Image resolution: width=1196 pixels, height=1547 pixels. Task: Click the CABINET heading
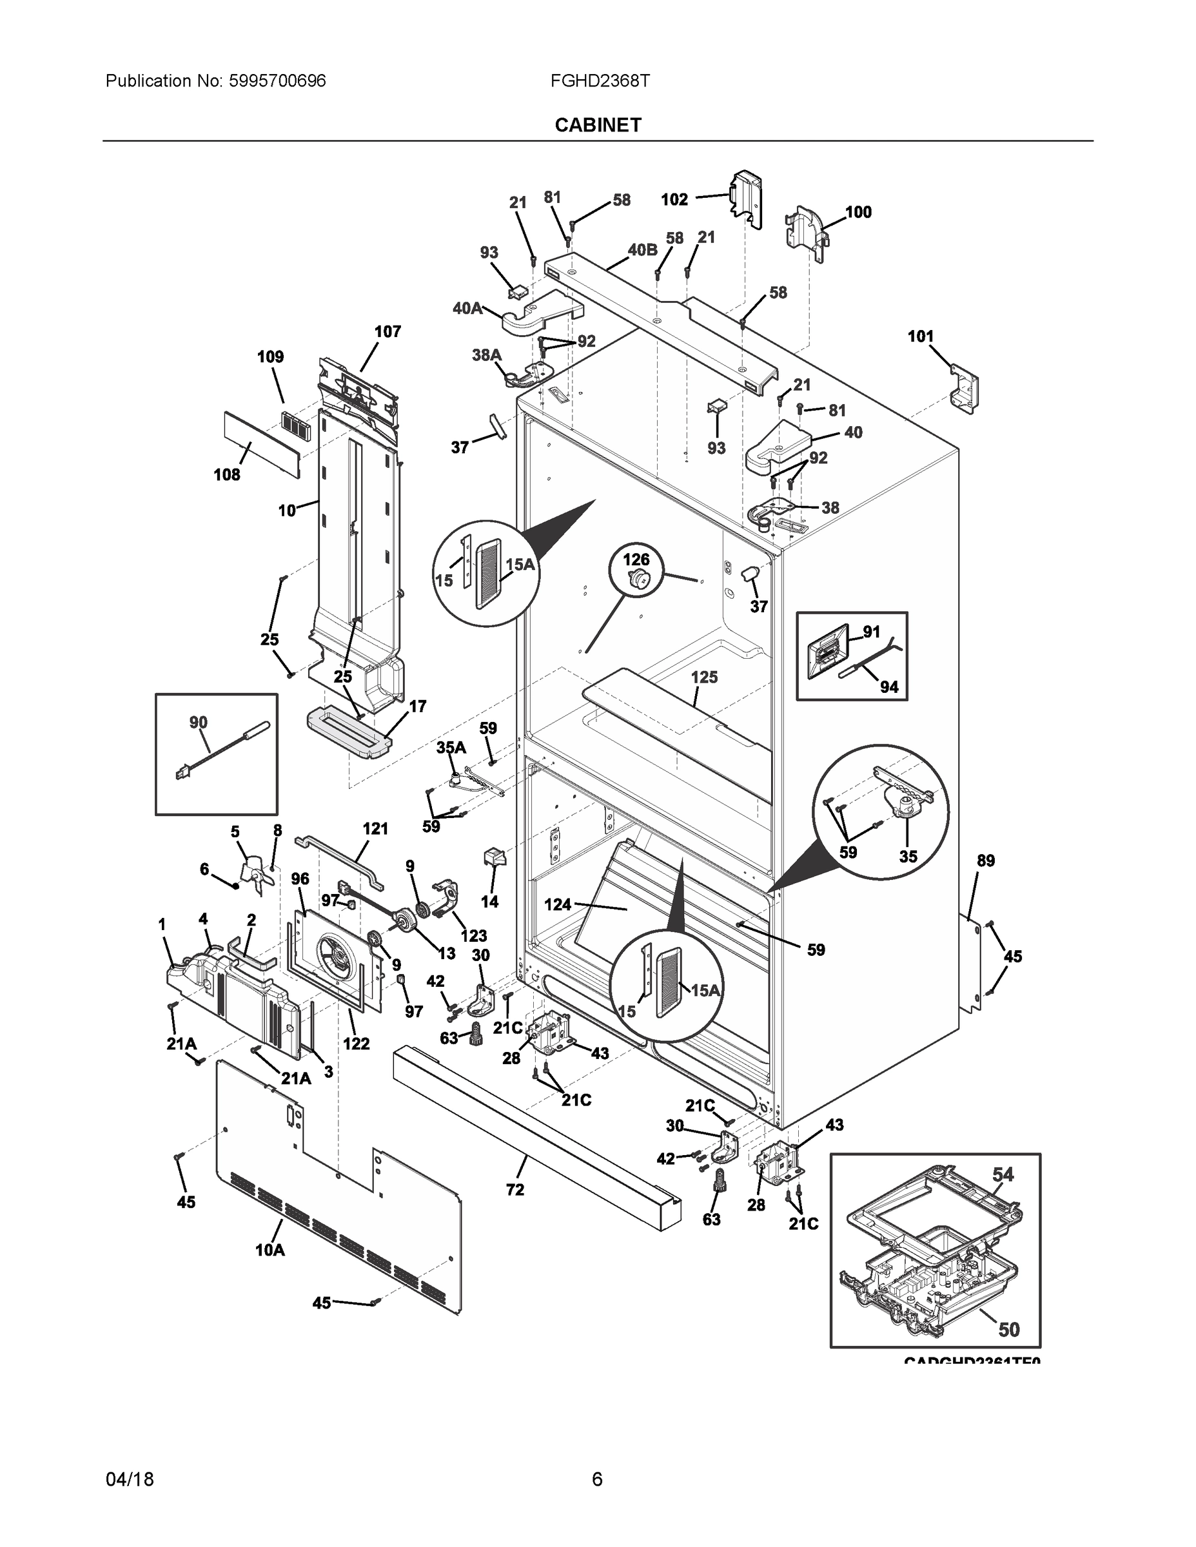coord(598,126)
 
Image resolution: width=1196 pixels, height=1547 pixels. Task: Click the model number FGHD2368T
coord(600,81)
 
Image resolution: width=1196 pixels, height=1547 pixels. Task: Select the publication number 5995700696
coord(277,81)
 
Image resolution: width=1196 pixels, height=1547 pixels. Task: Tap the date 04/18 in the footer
coord(129,1479)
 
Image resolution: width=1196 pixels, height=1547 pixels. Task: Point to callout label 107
coord(387,331)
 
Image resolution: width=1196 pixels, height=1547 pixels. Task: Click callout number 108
coord(228,474)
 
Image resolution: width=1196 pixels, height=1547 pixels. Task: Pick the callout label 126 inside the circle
coord(636,559)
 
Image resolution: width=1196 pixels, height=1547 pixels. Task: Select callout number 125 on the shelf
coord(704,677)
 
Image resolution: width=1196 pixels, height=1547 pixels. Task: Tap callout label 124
coord(558,904)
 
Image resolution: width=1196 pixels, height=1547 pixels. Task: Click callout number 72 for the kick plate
coord(515,1189)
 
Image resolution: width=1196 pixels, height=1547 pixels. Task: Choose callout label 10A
coord(270,1250)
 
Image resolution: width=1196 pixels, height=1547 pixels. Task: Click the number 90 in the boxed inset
coord(199,722)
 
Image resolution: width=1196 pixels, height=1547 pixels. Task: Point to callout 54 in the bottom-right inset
coord(1003,1174)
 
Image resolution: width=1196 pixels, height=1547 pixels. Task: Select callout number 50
coord(1009,1330)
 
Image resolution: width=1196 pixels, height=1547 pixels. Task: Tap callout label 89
coord(986,861)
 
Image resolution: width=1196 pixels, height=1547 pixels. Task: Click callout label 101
coord(921,336)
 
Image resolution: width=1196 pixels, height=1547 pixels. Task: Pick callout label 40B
coord(642,249)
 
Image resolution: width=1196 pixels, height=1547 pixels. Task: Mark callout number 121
coord(375,828)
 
